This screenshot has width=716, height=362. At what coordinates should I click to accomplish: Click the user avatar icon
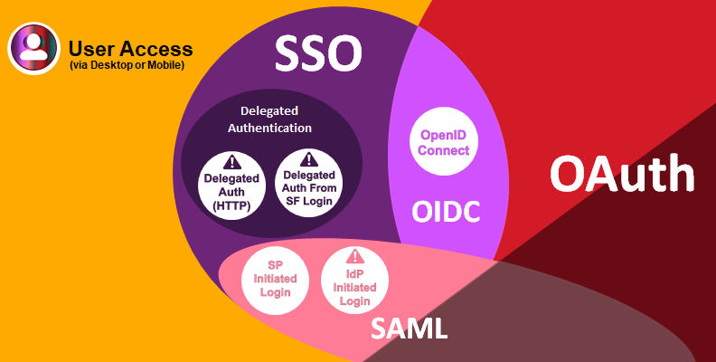(x=33, y=48)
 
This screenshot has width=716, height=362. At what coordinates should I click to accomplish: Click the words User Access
(x=130, y=49)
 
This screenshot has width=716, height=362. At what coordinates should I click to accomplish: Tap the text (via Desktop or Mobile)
(x=127, y=65)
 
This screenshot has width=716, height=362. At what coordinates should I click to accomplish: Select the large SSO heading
(x=318, y=53)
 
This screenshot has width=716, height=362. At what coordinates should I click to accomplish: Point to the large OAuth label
(x=622, y=174)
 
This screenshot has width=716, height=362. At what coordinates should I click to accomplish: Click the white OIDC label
(x=446, y=212)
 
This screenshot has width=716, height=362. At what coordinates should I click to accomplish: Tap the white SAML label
(x=409, y=329)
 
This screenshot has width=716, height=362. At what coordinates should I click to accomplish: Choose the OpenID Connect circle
(x=443, y=141)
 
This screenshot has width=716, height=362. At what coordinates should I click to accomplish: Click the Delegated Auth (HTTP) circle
(x=232, y=186)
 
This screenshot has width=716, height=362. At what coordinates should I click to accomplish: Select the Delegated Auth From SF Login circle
(x=309, y=183)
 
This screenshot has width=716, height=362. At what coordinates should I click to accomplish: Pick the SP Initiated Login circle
(x=276, y=281)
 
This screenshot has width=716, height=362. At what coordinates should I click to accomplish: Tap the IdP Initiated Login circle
(x=354, y=281)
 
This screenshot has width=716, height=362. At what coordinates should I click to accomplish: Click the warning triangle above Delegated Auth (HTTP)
(x=232, y=162)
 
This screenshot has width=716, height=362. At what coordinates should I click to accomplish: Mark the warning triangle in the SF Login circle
(x=309, y=159)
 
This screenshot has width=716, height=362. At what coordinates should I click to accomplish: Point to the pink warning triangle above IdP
(x=354, y=256)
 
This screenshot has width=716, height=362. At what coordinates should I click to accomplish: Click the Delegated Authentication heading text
(x=269, y=119)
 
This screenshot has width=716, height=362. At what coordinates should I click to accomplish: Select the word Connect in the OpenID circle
(x=443, y=150)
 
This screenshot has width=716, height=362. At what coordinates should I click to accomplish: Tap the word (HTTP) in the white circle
(x=232, y=205)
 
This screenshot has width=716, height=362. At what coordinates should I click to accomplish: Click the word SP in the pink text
(x=276, y=265)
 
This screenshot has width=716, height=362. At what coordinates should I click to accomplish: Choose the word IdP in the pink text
(x=354, y=275)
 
